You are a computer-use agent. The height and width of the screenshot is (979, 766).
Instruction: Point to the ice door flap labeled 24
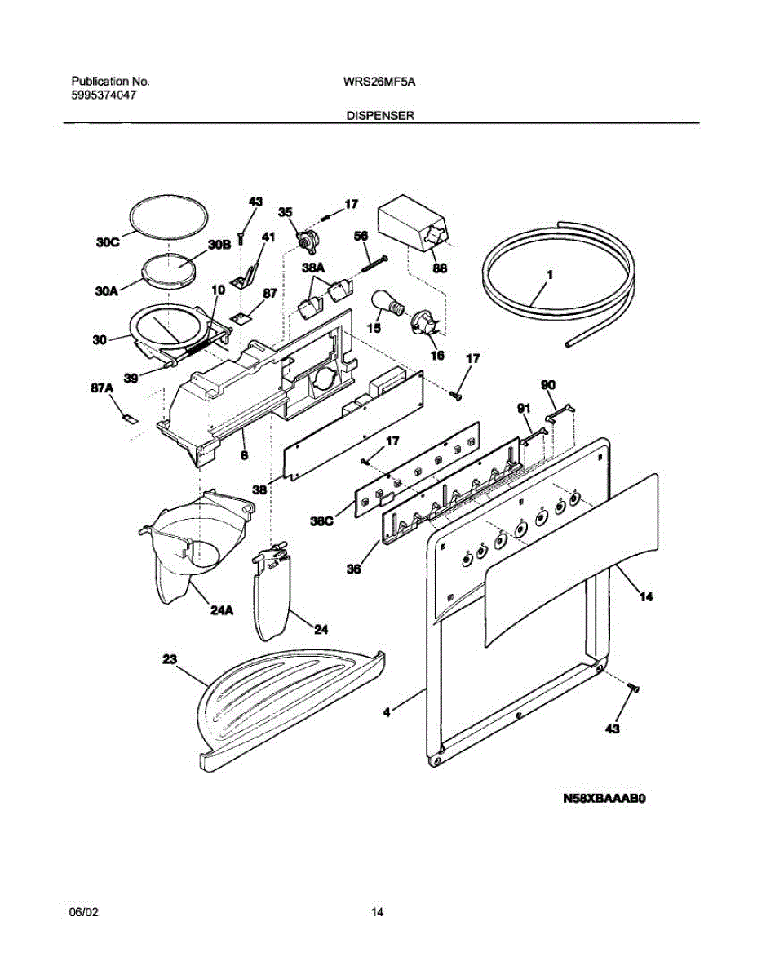pyautogui.click(x=272, y=596)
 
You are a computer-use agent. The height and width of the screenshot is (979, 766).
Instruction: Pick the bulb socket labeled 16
pyautogui.click(x=425, y=325)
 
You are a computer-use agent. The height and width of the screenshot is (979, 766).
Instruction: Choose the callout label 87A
pyautogui.click(x=102, y=390)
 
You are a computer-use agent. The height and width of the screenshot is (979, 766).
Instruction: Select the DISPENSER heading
pyautogui.click(x=381, y=116)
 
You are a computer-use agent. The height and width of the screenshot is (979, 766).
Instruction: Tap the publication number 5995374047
pyautogui.click(x=104, y=95)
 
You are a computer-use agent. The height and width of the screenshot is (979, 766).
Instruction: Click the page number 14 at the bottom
pyautogui.click(x=378, y=912)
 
